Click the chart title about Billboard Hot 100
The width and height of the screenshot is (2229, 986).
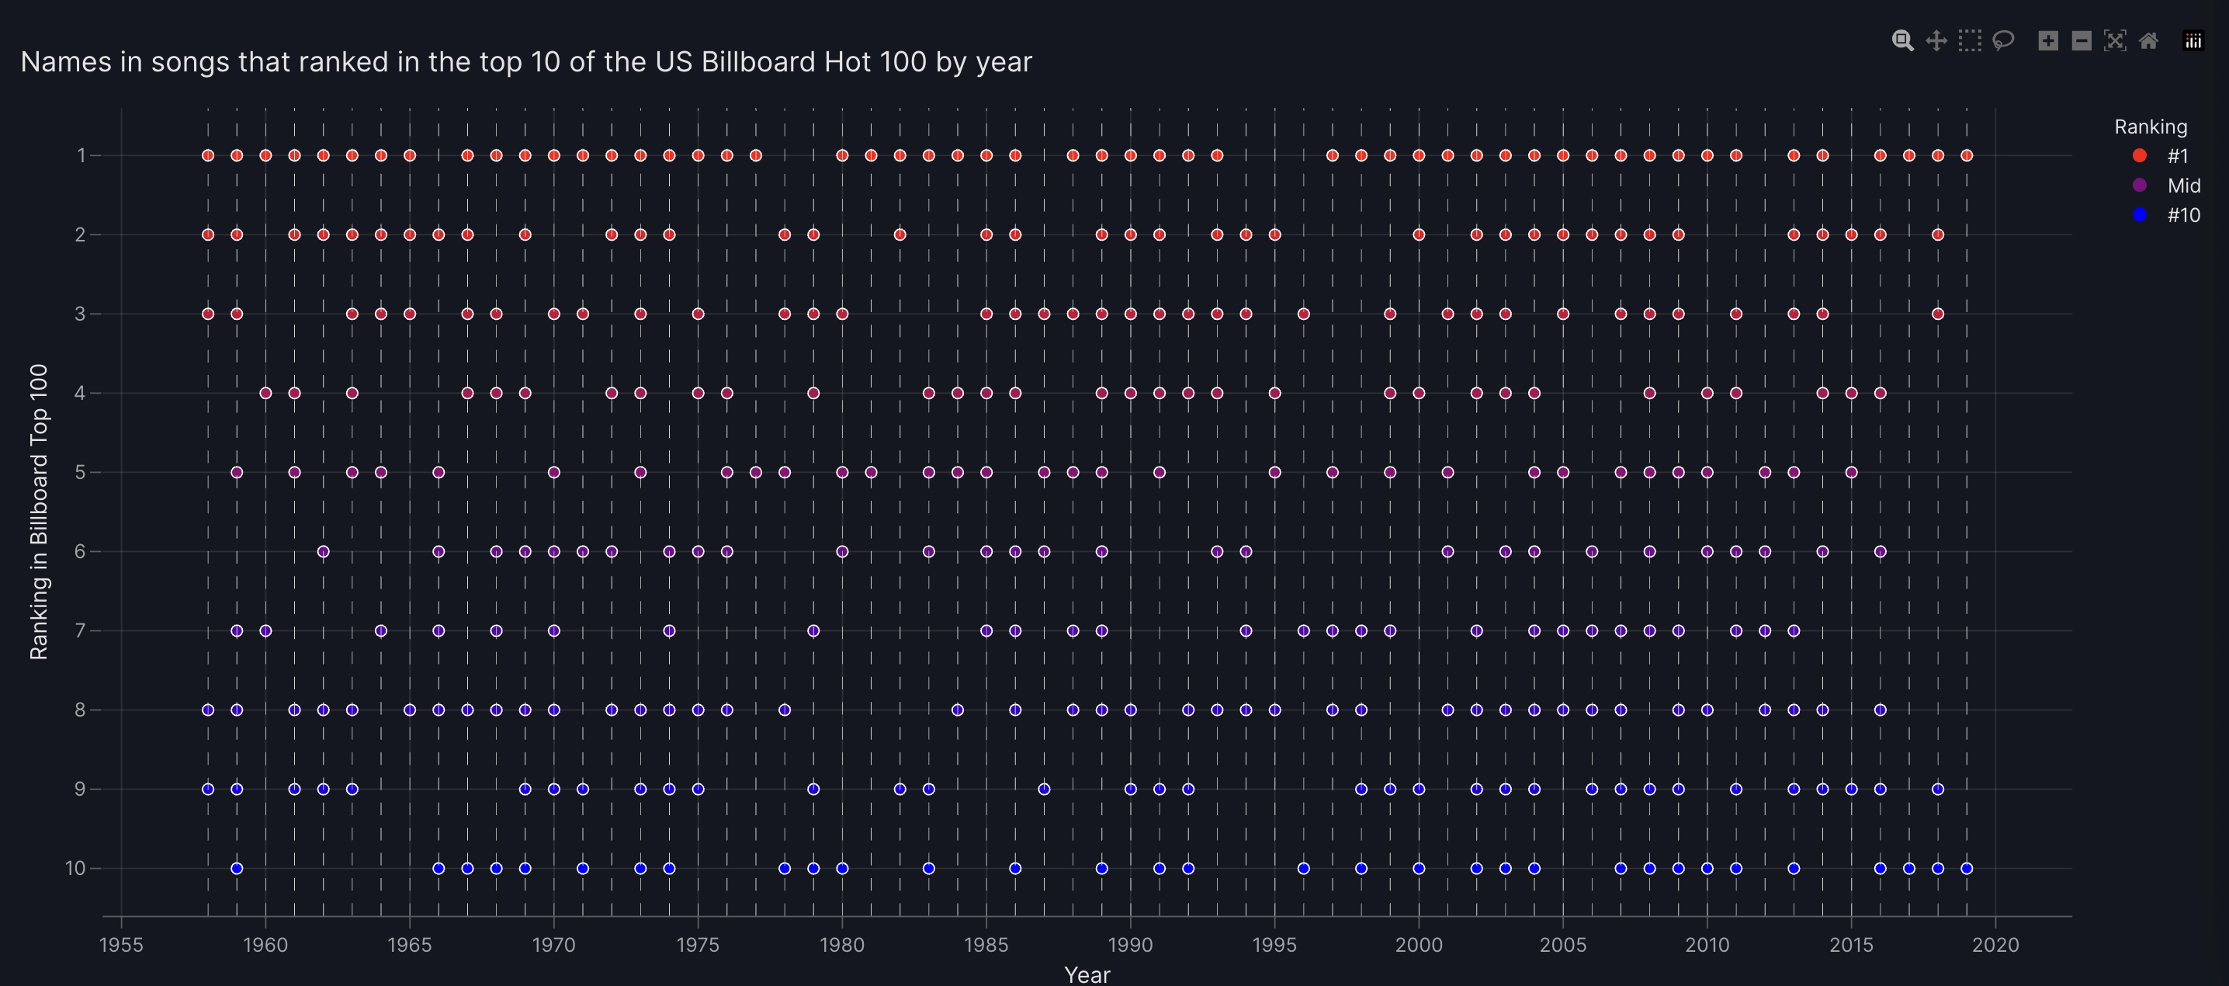526,61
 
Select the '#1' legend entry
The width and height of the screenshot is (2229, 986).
2176,156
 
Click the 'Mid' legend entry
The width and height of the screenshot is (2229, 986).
2182,186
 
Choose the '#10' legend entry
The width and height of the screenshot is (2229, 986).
2182,215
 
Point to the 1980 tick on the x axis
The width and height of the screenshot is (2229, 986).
842,944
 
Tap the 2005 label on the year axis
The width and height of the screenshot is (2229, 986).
1563,944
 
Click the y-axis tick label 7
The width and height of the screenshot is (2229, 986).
81,630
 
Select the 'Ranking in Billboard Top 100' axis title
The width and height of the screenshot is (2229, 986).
39,512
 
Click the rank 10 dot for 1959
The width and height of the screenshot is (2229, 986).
237,868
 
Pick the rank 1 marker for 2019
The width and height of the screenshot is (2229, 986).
1967,156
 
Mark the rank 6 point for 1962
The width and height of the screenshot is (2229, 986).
324,551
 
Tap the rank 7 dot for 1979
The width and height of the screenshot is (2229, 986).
813,630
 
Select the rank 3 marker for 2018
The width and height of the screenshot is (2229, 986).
1938,314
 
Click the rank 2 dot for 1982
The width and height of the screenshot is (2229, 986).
900,234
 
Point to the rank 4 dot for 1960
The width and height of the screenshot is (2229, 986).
265,393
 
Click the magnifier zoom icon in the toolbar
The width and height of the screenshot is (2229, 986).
1902,40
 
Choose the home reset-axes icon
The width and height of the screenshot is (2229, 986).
2148,40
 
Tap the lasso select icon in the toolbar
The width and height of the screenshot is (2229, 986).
2003,40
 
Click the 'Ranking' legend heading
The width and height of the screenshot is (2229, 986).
2151,127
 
